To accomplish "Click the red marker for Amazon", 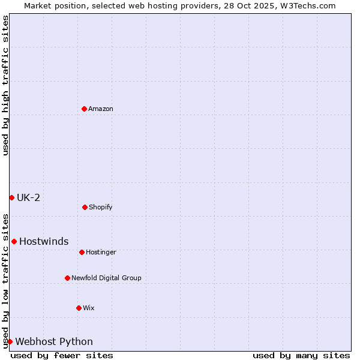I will [x=84, y=109].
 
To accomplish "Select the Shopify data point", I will [x=85, y=207].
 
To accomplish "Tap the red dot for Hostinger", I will [x=82, y=252].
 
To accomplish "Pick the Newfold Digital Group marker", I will [x=67, y=278].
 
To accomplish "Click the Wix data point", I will [x=79, y=308].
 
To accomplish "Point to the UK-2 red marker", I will [x=11, y=197].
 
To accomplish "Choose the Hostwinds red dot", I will [x=14, y=241].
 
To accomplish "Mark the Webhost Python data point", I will [x=10, y=341].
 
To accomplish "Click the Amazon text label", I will [x=101, y=109].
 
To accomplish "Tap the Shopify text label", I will [x=101, y=207].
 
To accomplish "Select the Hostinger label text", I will [x=101, y=252].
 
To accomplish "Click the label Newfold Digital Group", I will [x=106, y=278].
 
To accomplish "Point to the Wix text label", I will [x=89, y=308].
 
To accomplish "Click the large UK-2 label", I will [x=28, y=197].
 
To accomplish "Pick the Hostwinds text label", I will [x=44, y=241].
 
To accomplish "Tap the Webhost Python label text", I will [x=54, y=341].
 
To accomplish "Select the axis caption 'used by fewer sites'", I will [x=62, y=355].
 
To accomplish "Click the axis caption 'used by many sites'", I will [x=301, y=355].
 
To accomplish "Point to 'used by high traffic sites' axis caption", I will [x=5, y=86].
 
